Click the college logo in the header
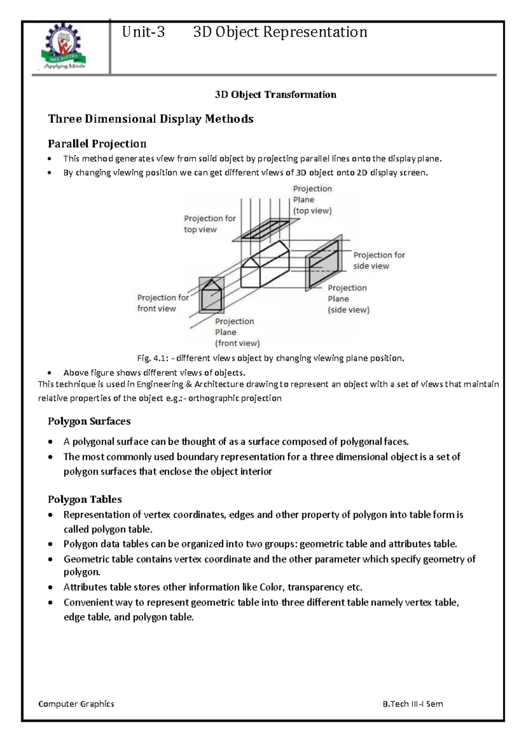(64, 46)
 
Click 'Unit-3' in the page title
(143, 32)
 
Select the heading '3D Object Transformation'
(275, 95)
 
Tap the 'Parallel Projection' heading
(97, 144)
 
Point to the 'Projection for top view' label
(210, 223)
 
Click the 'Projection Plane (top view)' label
(312, 199)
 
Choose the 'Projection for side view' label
(379, 260)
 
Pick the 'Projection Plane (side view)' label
(348, 299)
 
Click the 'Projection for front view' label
(163, 303)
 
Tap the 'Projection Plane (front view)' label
(237, 332)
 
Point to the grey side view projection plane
(323, 263)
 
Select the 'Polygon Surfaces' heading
(89, 421)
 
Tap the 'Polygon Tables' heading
(85, 499)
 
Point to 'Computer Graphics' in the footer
(76, 704)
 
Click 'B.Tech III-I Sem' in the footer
(412, 704)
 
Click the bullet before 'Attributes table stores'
(51, 587)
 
